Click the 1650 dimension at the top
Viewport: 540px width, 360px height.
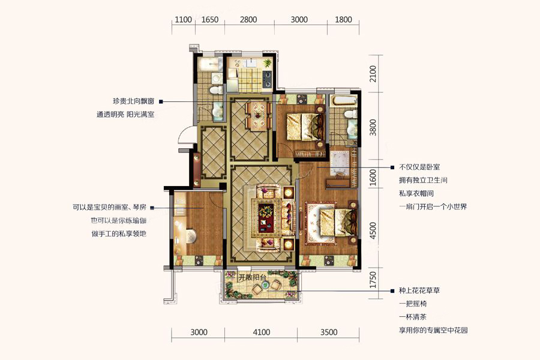tap(210, 19)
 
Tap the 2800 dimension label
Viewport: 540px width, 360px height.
tap(248, 19)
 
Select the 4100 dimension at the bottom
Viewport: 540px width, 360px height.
tap(262, 332)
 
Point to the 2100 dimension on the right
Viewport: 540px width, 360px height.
tap(373, 74)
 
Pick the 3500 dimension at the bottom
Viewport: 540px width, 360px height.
tap(329, 332)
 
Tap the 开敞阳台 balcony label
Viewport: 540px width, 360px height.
tap(253, 277)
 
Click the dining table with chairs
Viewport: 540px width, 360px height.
tap(257, 115)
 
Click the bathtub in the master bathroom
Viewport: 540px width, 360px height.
tap(343, 101)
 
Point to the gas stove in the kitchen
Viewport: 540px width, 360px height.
tap(267, 79)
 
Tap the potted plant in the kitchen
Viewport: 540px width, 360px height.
tap(267, 63)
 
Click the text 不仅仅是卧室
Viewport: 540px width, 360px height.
tap(419, 167)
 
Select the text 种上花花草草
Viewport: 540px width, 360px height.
tap(419, 290)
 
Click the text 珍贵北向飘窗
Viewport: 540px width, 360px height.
tap(133, 101)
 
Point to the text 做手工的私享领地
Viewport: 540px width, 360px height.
tap(119, 233)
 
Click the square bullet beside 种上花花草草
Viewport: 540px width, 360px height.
tap(392, 291)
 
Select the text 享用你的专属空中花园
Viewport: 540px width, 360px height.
tap(433, 330)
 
